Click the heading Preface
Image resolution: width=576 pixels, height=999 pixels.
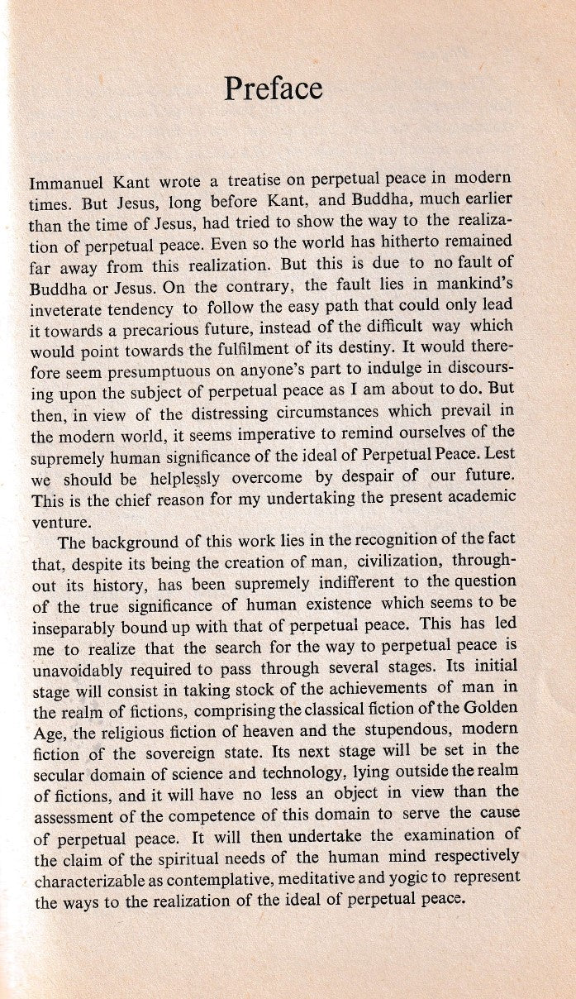tap(273, 88)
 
